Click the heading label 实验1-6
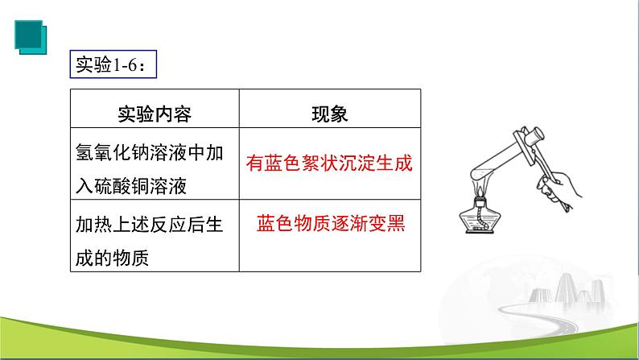coord(110,65)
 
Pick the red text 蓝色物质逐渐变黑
coord(329,223)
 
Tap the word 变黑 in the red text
coord(387,223)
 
